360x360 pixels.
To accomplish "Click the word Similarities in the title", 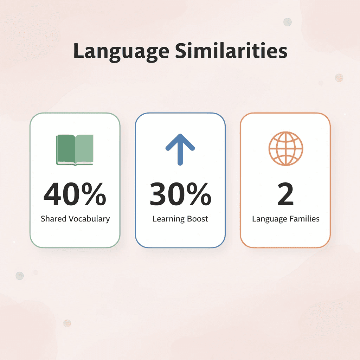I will (231, 51).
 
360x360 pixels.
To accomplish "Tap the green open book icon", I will (75, 150).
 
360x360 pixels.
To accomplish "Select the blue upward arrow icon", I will (180, 149).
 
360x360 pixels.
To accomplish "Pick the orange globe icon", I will (285, 149).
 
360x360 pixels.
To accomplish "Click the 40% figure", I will (75, 195).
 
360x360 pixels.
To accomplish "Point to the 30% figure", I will (180, 195).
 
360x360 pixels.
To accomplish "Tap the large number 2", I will (285, 195).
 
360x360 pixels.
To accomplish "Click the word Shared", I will (53, 219).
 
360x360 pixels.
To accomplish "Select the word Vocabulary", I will (89, 219).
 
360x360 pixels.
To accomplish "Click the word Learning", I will (167, 219).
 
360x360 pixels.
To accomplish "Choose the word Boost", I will (196, 219).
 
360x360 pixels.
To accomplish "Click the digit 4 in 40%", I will (53, 195).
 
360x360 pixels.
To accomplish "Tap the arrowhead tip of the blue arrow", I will (180, 135).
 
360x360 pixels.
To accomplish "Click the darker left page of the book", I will (66, 149).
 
